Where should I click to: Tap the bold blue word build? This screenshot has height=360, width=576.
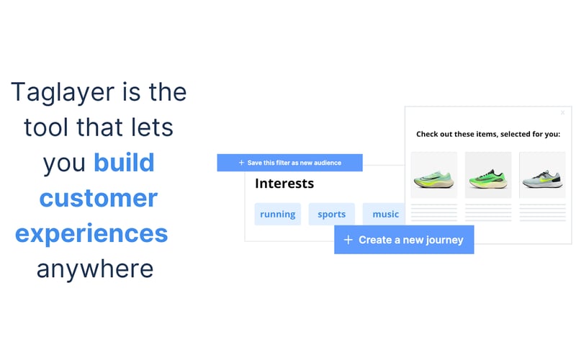(124, 163)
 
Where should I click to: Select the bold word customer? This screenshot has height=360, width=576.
(98, 198)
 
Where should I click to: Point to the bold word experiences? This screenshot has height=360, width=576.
(91, 233)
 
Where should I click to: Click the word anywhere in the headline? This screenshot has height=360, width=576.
(95, 268)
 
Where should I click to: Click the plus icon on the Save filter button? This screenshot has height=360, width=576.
(241, 163)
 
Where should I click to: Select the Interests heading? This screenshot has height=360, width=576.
(284, 184)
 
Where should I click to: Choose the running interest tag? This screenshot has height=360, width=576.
(278, 214)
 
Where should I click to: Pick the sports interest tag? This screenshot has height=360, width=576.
(332, 214)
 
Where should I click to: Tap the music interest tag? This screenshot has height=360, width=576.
(385, 214)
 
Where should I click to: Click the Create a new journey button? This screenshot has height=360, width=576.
(404, 240)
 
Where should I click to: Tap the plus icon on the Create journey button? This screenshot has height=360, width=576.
(348, 240)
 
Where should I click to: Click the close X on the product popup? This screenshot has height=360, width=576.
(562, 112)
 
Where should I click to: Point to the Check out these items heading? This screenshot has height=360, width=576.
(488, 134)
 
